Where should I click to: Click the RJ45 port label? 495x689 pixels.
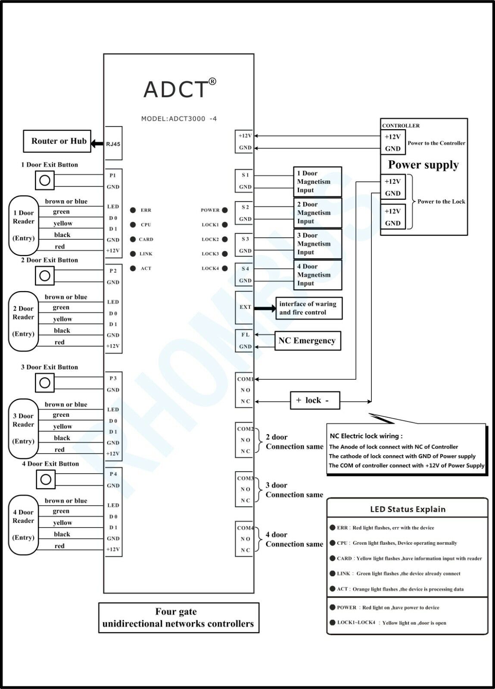click(x=113, y=144)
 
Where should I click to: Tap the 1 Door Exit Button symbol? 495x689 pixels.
click(x=45, y=180)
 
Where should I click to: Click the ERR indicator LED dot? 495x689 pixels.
click(x=133, y=210)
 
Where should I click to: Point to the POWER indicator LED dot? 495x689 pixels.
click(x=224, y=210)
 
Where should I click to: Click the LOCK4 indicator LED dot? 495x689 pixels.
click(x=224, y=268)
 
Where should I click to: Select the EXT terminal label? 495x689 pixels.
click(x=245, y=307)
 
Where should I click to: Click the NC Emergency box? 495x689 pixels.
click(x=307, y=341)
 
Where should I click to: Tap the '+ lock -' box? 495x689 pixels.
click(x=312, y=400)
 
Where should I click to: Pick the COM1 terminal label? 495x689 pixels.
click(x=245, y=379)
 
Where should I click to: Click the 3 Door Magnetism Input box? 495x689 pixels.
click(x=317, y=244)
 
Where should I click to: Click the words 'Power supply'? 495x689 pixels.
click(x=423, y=165)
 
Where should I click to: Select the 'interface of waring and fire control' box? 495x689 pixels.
click(x=308, y=308)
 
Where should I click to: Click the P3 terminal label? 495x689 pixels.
click(x=113, y=378)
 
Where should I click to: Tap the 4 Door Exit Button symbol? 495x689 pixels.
click(x=46, y=479)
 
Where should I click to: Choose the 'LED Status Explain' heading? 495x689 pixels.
click(x=408, y=509)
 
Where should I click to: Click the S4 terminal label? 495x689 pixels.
click(x=245, y=269)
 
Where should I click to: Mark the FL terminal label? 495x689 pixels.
click(x=245, y=335)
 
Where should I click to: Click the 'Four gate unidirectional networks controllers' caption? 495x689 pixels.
click(x=178, y=618)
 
